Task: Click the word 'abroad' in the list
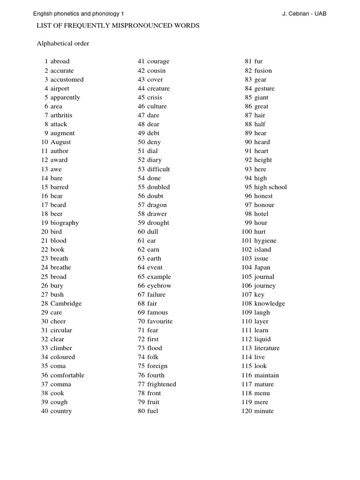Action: pyautogui.click(x=60, y=61)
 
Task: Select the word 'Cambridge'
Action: pyautogui.click(x=66, y=304)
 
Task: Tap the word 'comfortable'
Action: pyautogui.click(x=67, y=375)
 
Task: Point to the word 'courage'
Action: pyautogui.click(x=158, y=61)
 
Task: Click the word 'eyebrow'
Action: pyautogui.click(x=159, y=286)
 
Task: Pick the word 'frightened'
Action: pyautogui.click(x=162, y=384)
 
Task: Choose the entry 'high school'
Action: pyautogui.click(x=270, y=187)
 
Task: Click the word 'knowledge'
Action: pyautogui.click(x=270, y=304)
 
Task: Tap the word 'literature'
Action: pyautogui.click(x=267, y=348)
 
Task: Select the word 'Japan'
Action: pyautogui.click(x=262, y=268)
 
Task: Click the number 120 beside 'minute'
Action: pyautogui.click(x=247, y=411)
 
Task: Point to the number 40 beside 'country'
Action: pyautogui.click(x=45, y=411)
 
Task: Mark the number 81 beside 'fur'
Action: pyautogui.click(x=249, y=61)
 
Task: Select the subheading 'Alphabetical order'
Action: pyautogui.click(x=63, y=44)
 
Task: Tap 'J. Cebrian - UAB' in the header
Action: pyautogui.click(x=304, y=14)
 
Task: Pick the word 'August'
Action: pyautogui.click(x=61, y=142)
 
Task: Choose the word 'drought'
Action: pyautogui.click(x=158, y=223)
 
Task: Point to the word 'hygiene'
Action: pyautogui.click(x=265, y=241)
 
